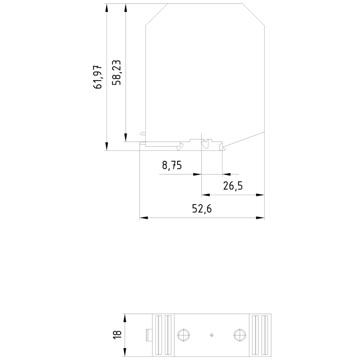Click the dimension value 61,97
coord(98,77)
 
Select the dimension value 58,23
coord(117,72)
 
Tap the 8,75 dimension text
coord(172,165)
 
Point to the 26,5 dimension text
coord(233,186)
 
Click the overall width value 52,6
coord(202,209)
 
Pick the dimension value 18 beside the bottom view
coord(117,334)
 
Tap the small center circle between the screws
coord(211,335)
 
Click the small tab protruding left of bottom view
coord(148,335)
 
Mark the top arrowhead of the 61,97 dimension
coord(107,8)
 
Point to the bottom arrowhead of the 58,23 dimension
coord(125,138)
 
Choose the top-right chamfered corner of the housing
coord(254,14)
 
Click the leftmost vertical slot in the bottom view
coord(158,335)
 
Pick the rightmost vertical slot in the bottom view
coord(265,335)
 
